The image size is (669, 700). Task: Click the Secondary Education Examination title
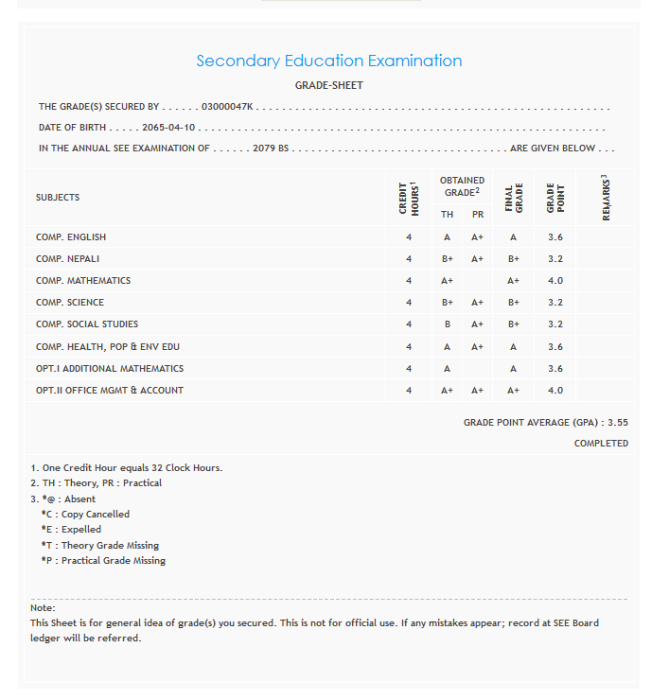click(328, 61)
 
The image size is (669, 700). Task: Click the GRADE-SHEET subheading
click(328, 86)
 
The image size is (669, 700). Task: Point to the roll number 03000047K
click(227, 107)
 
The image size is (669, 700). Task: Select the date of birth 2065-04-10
click(168, 128)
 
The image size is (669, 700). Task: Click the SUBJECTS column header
click(58, 198)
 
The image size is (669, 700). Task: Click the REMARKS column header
click(606, 199)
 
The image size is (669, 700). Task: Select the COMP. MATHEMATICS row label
click(83, 281)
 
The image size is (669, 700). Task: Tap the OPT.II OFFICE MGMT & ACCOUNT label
click(110, 391)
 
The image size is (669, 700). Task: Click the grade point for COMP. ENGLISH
click(555, 237)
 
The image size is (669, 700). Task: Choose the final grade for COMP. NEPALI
click(514, 259)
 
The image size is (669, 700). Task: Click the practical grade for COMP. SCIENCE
click(477, 303)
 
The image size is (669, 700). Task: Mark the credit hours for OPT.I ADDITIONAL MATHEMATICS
click(409, 369)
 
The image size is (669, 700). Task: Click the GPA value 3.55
click(618, 423)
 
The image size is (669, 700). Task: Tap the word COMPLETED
click(601, 444)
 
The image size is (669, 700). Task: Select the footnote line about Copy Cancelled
click(85, 515)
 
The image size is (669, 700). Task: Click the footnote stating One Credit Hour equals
click(127, 468)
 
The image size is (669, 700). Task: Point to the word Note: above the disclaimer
click(43, 607)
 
